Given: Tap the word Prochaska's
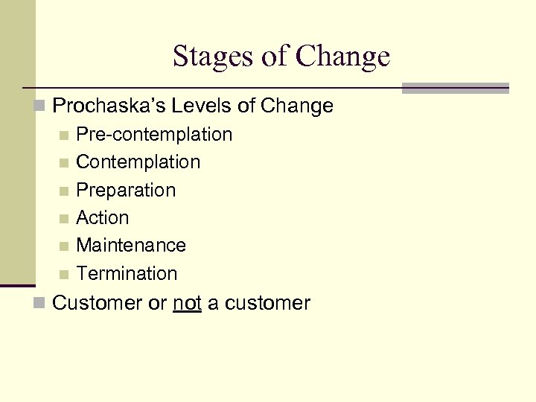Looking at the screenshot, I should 105,106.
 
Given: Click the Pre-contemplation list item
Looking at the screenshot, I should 154,135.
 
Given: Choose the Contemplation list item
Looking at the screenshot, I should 138,162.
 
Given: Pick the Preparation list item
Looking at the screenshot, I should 126,191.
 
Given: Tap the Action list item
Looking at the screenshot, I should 103,218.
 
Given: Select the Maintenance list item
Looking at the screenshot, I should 131,246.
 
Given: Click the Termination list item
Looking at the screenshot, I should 127,274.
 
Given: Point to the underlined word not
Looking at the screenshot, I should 187,304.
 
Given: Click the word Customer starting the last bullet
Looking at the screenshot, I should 100,304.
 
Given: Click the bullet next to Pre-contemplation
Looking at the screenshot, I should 66,135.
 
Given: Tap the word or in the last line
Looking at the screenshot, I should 157,304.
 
